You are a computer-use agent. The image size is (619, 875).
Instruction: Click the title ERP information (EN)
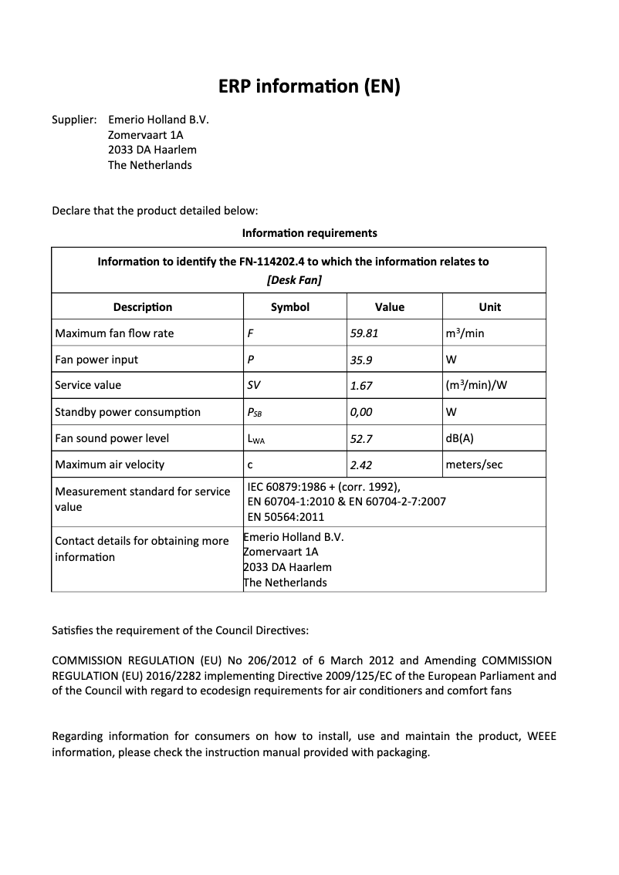pos(309,86)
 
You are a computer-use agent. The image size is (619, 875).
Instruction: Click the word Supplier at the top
pos(73,120)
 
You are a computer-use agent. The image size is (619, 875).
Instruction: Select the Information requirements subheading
pos(309,232)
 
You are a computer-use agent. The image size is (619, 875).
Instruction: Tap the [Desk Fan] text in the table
pos(293,280)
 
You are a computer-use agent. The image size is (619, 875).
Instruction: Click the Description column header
pos(143,307)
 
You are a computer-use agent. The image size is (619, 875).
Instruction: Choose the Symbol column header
pos(290,307)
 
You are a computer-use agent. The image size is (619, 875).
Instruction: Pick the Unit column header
pos(489,307)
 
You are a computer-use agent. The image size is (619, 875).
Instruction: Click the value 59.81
pos(365,334)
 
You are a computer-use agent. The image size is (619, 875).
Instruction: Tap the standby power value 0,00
pos(362,412)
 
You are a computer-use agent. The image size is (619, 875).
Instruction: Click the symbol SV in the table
pos(254,386)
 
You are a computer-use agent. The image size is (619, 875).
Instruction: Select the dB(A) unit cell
pos(459,438)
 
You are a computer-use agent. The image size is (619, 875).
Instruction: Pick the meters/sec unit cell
pos(474,465)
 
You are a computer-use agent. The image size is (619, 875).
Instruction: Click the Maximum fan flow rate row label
pos(114,333)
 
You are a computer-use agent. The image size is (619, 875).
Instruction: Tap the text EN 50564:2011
pos(286,517)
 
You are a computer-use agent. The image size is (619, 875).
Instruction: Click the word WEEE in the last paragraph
pos(541,736)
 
